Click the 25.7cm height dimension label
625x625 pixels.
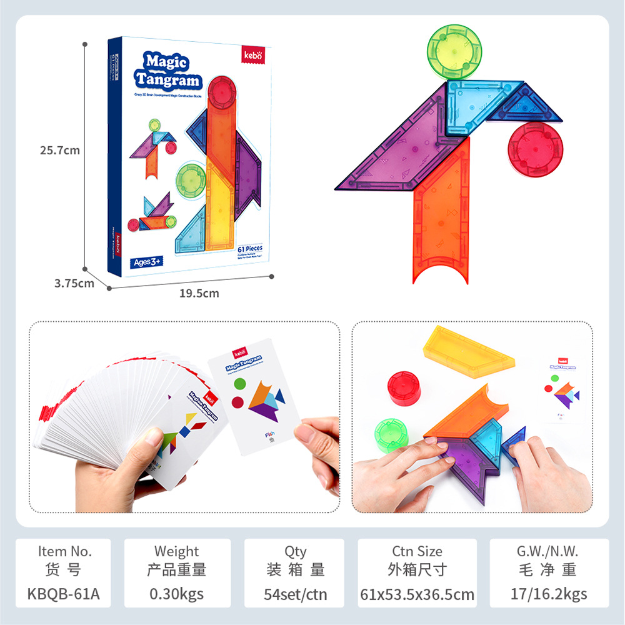(x=60, y=150)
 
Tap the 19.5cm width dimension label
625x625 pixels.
(x=198, y=293)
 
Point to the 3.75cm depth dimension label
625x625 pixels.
(x=74, y=282)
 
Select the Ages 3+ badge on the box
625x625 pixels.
(x=147, y=262)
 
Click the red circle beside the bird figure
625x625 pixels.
(x=535, y=152)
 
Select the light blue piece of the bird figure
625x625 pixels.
(x=469, y=107)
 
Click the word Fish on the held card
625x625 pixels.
(x=270, y=433)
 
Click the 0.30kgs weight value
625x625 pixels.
(x=177, y=594)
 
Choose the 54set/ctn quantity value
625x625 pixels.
(x=295, y=594)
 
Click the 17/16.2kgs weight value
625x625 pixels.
(x=549, y=594)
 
